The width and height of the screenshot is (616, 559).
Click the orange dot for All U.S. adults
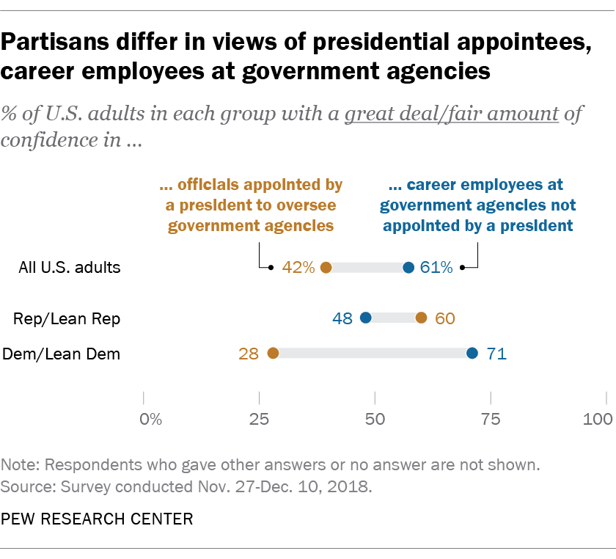point(326,268)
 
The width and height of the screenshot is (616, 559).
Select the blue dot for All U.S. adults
point(408,268)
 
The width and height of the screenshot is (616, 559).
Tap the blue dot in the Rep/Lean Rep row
point(366,318)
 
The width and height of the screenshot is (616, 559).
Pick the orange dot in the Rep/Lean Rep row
point(421,318)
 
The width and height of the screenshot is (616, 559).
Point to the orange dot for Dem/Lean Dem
point(273,354)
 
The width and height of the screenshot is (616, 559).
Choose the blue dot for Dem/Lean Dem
point(472,354)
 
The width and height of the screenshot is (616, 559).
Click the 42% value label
point(298,268)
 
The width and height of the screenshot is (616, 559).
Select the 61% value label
point(436,268)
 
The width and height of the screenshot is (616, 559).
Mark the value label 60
point(444,318)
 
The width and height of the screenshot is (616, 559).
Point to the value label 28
point(249,354)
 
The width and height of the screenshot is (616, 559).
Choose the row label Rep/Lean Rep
point(67,318)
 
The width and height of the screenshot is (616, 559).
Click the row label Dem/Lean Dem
point(62,354)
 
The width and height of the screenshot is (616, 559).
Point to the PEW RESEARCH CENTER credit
point(98,519)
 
